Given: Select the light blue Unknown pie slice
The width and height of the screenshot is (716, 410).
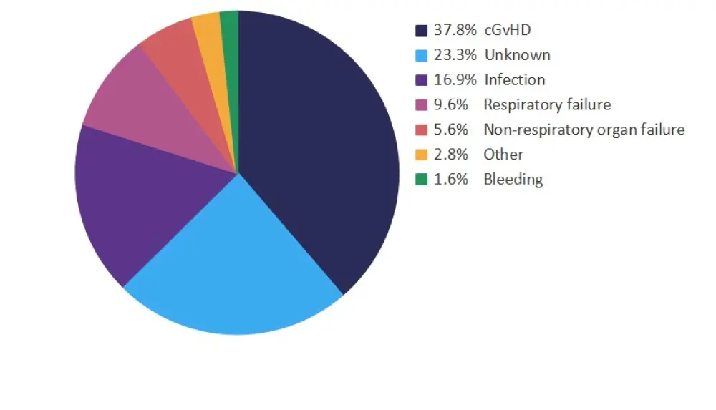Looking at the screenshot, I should (229, 272).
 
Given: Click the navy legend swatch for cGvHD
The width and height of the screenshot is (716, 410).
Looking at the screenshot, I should (422, 31).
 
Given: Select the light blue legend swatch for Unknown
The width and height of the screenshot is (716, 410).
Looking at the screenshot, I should (422, 55).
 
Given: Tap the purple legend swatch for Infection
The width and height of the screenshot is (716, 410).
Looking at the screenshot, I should (422, 80).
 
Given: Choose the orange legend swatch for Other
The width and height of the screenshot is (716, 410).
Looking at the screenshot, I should (422, 155).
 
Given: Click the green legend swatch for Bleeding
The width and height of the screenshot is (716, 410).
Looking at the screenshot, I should (422, 180).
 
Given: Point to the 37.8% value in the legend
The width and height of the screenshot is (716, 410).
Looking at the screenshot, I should (455, 31).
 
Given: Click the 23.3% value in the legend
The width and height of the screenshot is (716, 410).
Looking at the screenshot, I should (455, 55).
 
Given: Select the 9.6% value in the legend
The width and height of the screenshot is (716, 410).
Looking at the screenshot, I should (451, 105).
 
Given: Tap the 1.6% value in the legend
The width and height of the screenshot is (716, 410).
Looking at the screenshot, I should (451, 180).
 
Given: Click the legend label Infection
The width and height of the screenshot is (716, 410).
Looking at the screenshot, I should (514, 80).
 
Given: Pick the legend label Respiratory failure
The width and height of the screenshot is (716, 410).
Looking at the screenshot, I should (547, 105).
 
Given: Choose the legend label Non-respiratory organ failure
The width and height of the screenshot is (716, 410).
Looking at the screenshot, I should (584, 130).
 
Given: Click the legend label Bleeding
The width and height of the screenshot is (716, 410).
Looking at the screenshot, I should (513, 180).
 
